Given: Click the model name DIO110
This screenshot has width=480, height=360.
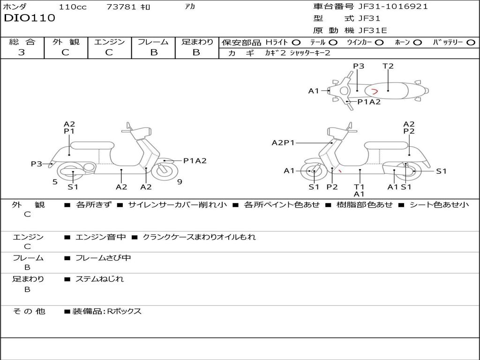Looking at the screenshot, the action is pyautogui.click(x=30, y=18).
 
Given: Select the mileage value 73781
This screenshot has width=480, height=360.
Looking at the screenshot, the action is pyautogui.click(x=121, y=7).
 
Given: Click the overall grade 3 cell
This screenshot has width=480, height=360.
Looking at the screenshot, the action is pyautogui.click(x=22, y=52).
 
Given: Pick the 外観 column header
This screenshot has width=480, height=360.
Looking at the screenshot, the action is pyautogui.click(x=66, y=42).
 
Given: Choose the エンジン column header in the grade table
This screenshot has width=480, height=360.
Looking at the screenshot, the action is pyautogui.click(x=109, y=42).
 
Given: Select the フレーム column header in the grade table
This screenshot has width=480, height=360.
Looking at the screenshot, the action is pyautogui.click(x=153, y=42).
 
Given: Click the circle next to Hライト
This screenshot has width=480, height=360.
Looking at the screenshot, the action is pyautogui.click(x=296, y=42).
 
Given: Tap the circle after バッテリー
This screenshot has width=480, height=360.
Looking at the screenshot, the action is pyautogui.click(x=471, y=42).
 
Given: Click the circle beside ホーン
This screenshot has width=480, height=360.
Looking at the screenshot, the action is pyautogui.click(x=417, y=42).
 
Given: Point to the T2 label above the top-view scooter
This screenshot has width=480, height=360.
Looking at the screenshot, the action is pyautogui.click(x=388, y=66).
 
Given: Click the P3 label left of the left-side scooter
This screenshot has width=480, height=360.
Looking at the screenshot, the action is pyautogui.click(x=37, y=164).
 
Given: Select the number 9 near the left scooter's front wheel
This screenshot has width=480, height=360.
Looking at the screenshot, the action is pyautogui.click(x=180, y=182).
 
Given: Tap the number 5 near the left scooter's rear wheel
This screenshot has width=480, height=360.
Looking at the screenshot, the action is pyautogui.click(x=55, y=182).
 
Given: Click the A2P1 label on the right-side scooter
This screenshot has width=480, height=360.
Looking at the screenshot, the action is pyautogui.click(x=283, y=142).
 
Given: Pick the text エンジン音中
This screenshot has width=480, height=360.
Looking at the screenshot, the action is pyautogui.click(x=101, y=237).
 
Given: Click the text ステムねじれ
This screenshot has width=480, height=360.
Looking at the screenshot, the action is pyautogui.click(x=100, y=279).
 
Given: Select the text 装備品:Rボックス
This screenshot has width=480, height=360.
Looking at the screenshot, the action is pyautogui.click(x=107, y=311).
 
